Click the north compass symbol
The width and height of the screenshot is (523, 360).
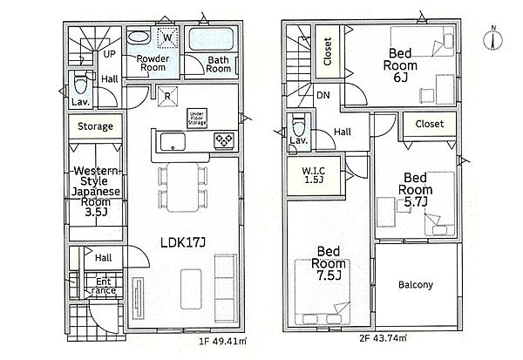tap(493, 38)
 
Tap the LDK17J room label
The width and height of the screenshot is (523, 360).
tap(183, 242)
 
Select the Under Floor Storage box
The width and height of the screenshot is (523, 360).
tap(197, 119)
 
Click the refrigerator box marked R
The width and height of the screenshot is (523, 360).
tap(167, 97)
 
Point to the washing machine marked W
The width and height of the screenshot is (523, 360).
tap(167, 37)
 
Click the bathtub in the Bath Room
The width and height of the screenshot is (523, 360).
tap(211, 39)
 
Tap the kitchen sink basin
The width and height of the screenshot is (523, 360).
tap(173, 142)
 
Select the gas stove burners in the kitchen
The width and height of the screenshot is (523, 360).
tap(224, 140)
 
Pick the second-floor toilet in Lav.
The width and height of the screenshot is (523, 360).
tap(298, 125)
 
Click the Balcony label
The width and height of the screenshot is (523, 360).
tap(416, 284)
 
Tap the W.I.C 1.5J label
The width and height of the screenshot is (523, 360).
tap(314, 175)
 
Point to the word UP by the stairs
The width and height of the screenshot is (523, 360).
tap(109, 54)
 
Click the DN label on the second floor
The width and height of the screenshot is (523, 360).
tap(323, 95)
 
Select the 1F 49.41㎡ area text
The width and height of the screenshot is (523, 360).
tap(223, 341)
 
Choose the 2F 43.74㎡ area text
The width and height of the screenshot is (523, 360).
tap(383, 338)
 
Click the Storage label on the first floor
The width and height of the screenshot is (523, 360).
tap(95, 126)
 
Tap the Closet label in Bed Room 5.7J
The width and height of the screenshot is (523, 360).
tap(430, 124)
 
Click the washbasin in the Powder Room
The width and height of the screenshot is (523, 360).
tap(139, 37)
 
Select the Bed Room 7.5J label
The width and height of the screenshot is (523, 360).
tap(329, 263)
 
